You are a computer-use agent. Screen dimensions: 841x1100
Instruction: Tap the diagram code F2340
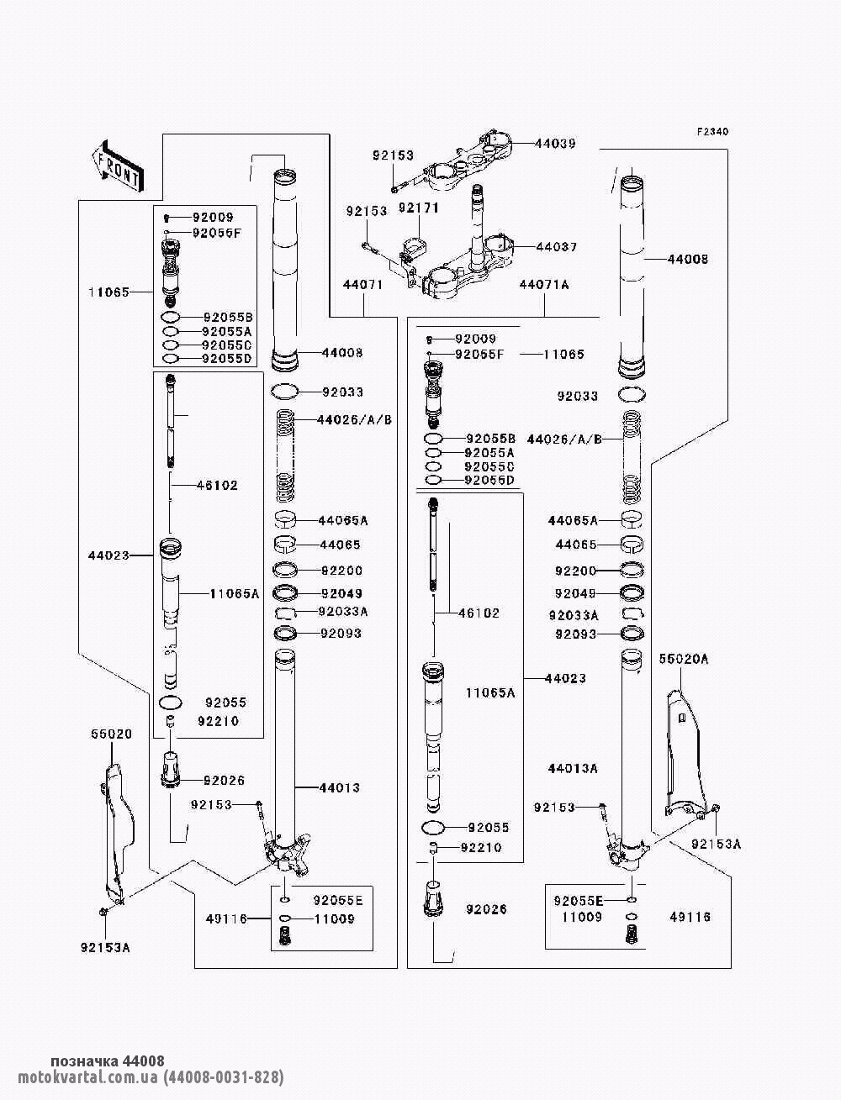(x=712, y=132)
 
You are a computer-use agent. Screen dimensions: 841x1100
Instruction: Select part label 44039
(x=556, y=144)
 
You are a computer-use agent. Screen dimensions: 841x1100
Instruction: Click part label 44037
(x=557, y=247)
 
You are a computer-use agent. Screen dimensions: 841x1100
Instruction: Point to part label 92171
(x=419, y=208)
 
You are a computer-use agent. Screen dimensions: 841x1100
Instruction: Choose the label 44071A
(x=545, y=285)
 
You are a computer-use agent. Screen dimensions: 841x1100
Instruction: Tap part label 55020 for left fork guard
(x=111, y=734)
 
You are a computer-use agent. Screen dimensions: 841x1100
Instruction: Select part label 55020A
(x=684, y=659)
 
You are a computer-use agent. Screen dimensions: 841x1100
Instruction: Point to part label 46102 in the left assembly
(x=217, y=485)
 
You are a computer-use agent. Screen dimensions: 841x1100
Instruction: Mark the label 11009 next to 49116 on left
(x=335, y=919)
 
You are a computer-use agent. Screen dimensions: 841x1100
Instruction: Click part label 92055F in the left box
(x=217, y=233)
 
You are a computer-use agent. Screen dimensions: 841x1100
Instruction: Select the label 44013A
(x=573, y=768)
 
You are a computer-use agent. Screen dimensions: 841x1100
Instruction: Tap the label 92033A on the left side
(x=343, y=612)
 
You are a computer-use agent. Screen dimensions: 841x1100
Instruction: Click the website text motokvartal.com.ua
(x=88, y=1076)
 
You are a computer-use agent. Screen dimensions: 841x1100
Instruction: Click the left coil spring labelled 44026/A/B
(x=286, y=455)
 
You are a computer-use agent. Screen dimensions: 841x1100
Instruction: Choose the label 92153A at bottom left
(x=105, y=948)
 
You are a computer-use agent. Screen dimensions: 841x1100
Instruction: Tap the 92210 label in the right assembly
(x=481, y=847)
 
